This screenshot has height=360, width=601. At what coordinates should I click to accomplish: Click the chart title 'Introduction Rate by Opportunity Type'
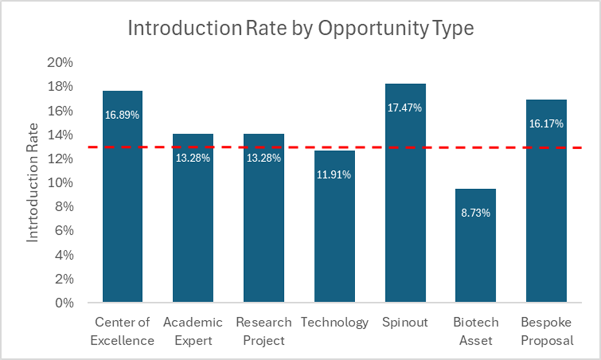[x=300, y=28]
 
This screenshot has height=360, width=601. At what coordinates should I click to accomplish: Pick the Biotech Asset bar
[x=476, y=246]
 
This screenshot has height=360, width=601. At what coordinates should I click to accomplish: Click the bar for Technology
[x=334, y=233]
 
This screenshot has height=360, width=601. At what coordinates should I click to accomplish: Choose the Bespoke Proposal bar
[x=546, y=203]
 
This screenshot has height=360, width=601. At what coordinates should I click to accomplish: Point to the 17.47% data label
[x=405, y=108]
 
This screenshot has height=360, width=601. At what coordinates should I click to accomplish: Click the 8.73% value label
[x=476, y=213]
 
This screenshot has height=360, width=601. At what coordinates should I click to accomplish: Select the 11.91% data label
[x=334, y=175]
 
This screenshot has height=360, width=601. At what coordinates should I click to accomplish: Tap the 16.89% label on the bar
[x=122, y=115]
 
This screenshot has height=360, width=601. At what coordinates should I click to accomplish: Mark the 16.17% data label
[x=546, y=123]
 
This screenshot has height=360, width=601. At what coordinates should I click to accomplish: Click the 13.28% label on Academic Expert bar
[x=193, y=158]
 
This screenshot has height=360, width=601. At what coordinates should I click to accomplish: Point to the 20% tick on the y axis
[x=61, y=63]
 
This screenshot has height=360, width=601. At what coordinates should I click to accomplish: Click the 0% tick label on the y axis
[x=64, y=303]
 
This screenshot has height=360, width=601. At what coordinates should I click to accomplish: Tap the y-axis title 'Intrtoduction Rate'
[x=32, y=182]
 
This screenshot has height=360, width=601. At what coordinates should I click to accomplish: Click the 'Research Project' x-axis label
[x=264, y=331]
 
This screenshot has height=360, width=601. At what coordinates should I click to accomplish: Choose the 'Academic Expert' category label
[x=193, y=331]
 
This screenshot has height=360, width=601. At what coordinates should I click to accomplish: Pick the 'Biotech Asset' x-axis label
[x=476, y=331]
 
